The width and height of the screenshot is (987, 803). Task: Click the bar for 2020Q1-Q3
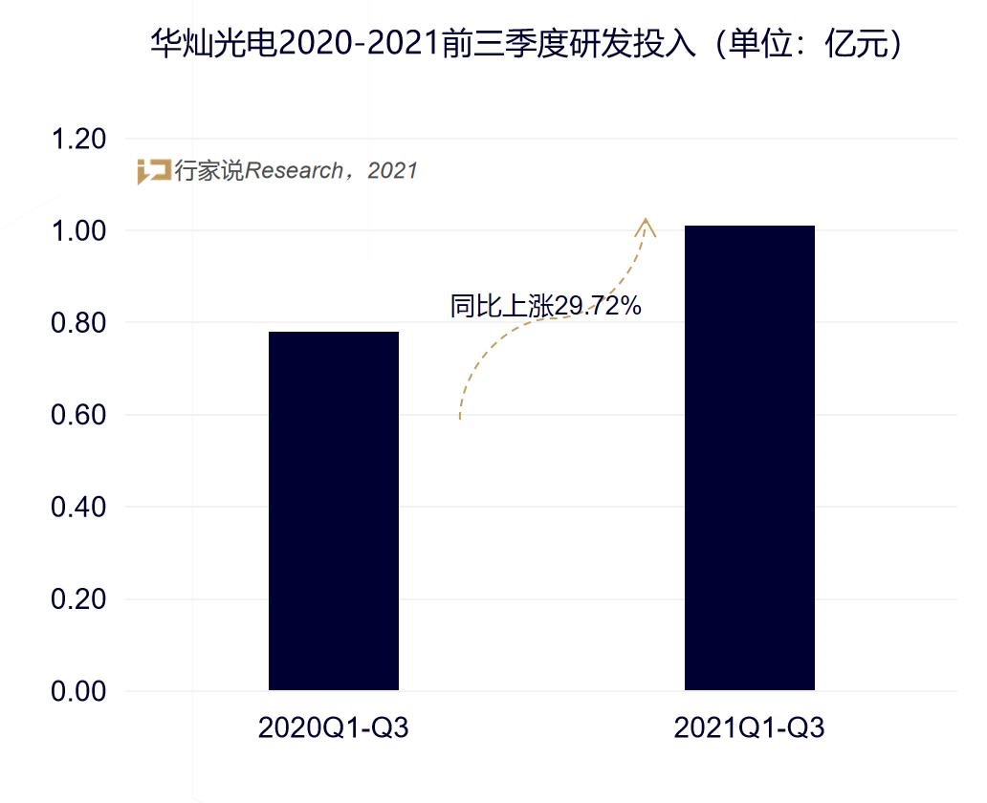coord(333,510)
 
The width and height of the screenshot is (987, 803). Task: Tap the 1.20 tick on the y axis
coord(77,140)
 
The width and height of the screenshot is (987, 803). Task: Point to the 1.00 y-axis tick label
coord(77,231)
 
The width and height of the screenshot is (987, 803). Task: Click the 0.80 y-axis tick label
coord(77,323)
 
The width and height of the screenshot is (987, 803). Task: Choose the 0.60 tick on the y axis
coord(77,416)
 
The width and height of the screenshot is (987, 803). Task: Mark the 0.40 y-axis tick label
coord(77,508)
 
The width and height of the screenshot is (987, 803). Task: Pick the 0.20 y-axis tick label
coord(77,599)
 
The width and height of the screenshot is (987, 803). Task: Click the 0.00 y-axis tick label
coord(77,691)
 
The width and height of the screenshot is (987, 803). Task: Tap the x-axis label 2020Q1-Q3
coord(333,728)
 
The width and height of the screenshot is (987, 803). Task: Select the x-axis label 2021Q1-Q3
coord(749,728)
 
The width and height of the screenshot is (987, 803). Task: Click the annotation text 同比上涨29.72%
coord(545,306)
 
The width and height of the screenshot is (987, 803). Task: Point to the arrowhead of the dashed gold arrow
coord(647,226)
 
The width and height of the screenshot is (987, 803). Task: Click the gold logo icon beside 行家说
coord(153,171)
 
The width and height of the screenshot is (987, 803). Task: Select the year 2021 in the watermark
coord(392,171)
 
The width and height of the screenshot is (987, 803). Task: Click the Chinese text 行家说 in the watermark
coord(208,171)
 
